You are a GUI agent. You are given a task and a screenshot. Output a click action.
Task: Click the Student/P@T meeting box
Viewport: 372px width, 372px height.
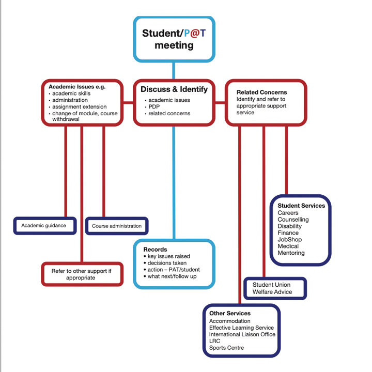[x=174, y=39]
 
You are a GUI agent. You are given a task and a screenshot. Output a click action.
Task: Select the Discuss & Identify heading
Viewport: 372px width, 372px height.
[x=174, y=89]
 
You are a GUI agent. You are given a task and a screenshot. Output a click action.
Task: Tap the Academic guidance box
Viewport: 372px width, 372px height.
[x=44, y=226]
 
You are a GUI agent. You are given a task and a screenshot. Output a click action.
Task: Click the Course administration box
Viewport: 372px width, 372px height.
[x=117, y=226]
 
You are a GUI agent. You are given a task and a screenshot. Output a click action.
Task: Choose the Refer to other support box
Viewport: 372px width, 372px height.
[x=82, y=274]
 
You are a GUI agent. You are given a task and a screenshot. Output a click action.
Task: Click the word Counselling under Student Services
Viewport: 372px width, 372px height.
[x=293, y=220]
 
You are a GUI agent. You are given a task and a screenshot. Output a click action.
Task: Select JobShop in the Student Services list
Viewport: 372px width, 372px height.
[x=289, y=240]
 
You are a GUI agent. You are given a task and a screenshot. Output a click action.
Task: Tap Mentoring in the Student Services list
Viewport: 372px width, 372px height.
[x=291, y=253]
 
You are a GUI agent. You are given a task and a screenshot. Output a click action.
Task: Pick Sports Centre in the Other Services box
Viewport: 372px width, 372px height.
[x=226, y=348]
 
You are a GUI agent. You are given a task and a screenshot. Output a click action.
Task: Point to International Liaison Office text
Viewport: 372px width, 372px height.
[x=242, y=334]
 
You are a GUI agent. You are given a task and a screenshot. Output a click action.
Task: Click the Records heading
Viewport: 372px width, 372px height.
[x=155, y=250]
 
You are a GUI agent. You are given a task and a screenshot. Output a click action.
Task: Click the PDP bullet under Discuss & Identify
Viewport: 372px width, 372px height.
[x=154, y=107]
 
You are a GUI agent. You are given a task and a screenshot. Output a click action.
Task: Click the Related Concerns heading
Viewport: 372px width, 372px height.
[x=261, y=92]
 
